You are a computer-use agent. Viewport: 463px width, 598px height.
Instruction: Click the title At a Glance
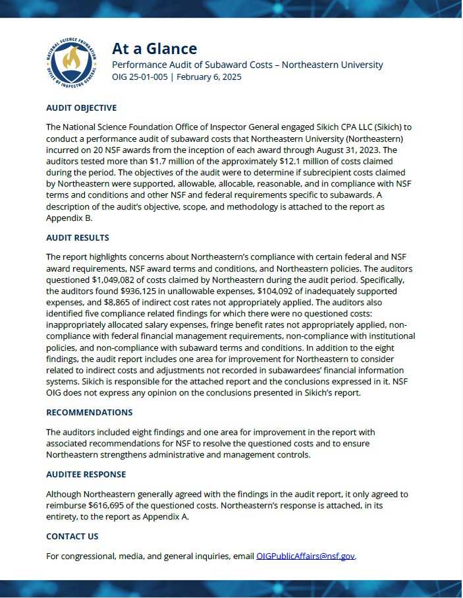154,48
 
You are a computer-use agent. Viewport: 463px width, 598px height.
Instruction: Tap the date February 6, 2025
210,76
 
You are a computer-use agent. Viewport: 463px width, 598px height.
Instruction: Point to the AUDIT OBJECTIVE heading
81,107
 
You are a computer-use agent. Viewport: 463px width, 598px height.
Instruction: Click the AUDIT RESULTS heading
78,237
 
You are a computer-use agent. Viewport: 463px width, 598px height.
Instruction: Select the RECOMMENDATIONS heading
89,412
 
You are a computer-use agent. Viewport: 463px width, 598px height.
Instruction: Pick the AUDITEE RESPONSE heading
86,474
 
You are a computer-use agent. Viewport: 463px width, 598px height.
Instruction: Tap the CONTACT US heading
72,536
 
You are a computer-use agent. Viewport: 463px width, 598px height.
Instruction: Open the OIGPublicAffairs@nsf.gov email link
306,556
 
